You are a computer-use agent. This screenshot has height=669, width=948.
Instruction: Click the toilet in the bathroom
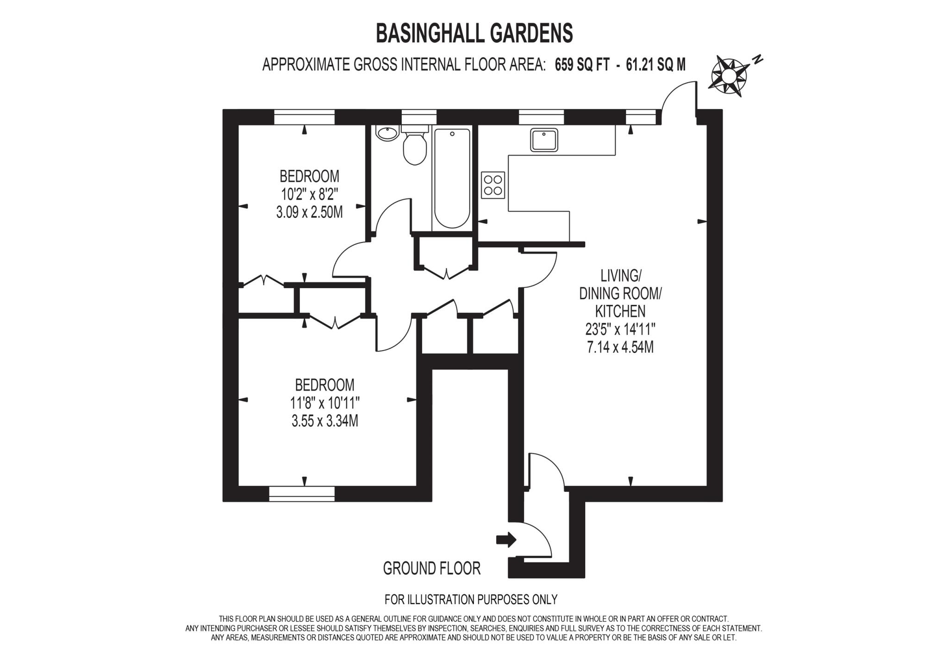click(x=414, y=147)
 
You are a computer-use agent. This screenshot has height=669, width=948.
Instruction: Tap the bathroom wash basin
click(x=387, y=133)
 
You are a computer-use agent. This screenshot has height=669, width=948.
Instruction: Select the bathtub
click(x=452, y=178)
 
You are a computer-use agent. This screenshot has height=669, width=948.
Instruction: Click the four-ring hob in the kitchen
click(x=493, y=185)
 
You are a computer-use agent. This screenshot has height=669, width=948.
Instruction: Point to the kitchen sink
click(x=544, y=140)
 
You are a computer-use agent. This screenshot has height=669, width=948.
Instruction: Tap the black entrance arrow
click(x=506, y=539)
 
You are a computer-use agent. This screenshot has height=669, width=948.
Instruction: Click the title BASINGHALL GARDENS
click(x=474, y=33)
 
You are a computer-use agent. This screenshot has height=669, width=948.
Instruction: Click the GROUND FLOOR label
click(x=431, y=568)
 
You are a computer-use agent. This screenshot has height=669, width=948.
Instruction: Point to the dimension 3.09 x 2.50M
click(x=309, y=213)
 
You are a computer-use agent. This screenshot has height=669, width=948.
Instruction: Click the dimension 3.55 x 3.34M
click(x=324, y=421)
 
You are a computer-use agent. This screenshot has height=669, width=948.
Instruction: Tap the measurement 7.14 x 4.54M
click(x=620, y=347)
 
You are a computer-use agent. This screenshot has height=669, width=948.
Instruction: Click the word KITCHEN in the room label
click(x=620, y=311)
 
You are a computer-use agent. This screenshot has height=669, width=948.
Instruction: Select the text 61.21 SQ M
click(x=655, y=65)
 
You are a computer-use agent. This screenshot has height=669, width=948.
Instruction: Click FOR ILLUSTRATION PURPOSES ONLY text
click(x=471, y=600)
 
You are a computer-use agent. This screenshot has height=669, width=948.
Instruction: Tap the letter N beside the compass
click(x=757, y=59)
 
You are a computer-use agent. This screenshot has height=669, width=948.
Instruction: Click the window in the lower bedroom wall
click(x=301, y=494)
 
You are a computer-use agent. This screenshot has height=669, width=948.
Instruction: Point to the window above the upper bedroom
click(x=304, y=117)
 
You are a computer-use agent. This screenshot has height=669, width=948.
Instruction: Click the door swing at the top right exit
click(x=678, y=99)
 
